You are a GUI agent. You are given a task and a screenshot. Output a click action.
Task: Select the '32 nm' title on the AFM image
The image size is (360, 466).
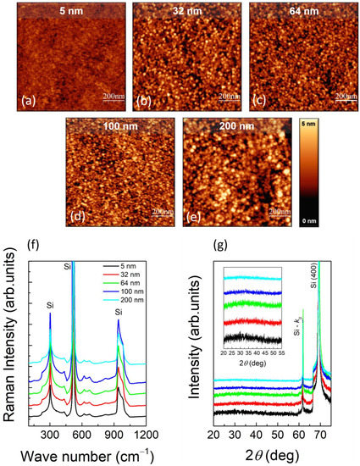[181, 12]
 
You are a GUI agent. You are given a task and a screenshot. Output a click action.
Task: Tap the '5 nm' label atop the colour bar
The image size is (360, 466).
[311, 125]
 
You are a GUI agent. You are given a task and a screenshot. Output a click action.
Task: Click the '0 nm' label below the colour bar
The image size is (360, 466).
[311, 220]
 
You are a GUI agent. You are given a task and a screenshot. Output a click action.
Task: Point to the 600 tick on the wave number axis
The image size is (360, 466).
[106, 433]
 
